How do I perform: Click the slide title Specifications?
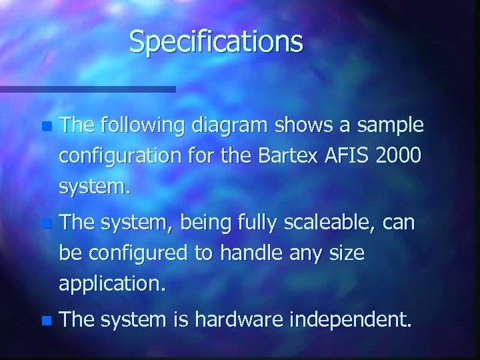216,41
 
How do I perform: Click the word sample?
391,126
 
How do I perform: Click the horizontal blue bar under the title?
87,89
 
